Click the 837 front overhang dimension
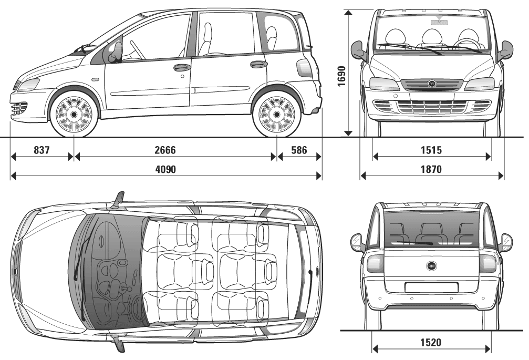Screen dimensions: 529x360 (42, 150)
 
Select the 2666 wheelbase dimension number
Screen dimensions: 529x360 (165, 150)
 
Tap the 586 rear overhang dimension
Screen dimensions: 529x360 (299, 150)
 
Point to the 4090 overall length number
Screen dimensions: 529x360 (165, 169)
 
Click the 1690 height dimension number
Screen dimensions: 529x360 (341, 76)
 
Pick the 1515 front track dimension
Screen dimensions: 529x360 (431, 150)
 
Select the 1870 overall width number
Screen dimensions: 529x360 (431, 169)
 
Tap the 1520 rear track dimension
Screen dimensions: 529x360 (431, 343)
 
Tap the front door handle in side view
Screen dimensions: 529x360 (182, 67)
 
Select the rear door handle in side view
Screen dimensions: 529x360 (258, 64)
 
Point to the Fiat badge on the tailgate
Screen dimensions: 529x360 (431, 266)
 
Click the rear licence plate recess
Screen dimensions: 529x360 (431, 287)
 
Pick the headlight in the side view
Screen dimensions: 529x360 (28, 85)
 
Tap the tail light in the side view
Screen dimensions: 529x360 (303, 67)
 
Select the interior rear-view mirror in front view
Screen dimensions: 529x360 (439, 22)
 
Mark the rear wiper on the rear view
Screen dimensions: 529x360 (414, 243)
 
